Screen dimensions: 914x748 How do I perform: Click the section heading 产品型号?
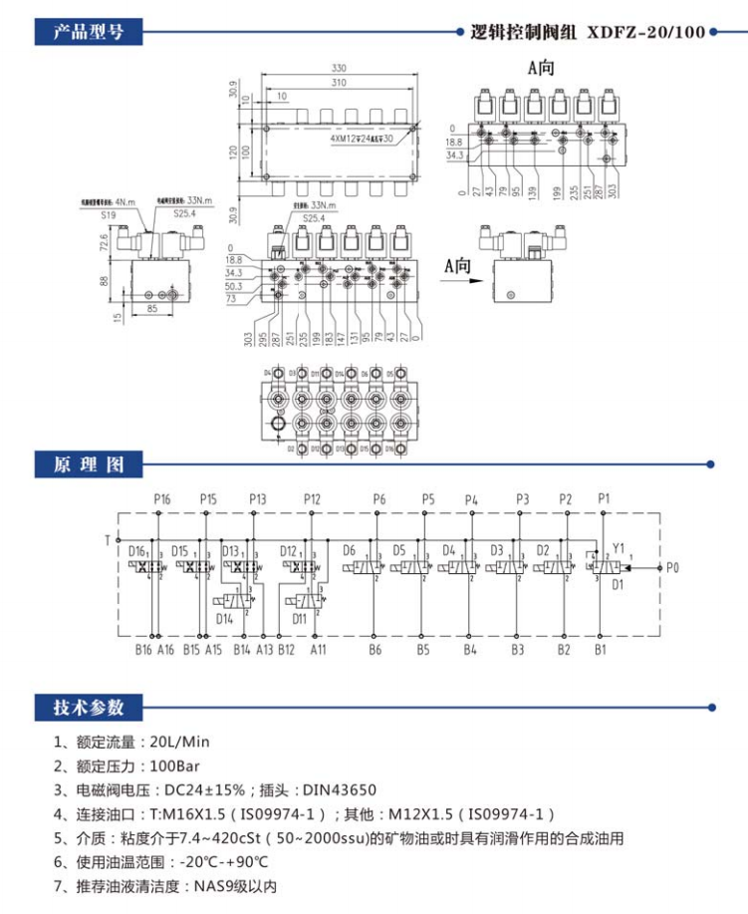[x=89, y=31]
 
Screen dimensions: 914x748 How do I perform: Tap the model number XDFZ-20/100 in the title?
[x=646, y=32]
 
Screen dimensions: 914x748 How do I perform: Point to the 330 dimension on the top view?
[x=340, y=69]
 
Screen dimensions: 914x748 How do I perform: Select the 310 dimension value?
[x=340, y=82]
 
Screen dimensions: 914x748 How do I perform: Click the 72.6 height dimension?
[x=104, y=241]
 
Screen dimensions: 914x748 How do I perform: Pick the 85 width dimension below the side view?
[x=151, y=307]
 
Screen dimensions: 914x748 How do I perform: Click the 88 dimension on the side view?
[x=104, y=281]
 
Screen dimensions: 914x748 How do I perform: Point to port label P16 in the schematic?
[x=161, y=498]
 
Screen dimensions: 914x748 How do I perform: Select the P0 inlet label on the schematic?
[x=672, y=568]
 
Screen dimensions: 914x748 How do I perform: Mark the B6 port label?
[x=374, y=650]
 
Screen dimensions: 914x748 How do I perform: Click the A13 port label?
[x=264, y=650]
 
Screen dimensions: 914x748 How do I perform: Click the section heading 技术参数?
[x=89, y=708]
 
